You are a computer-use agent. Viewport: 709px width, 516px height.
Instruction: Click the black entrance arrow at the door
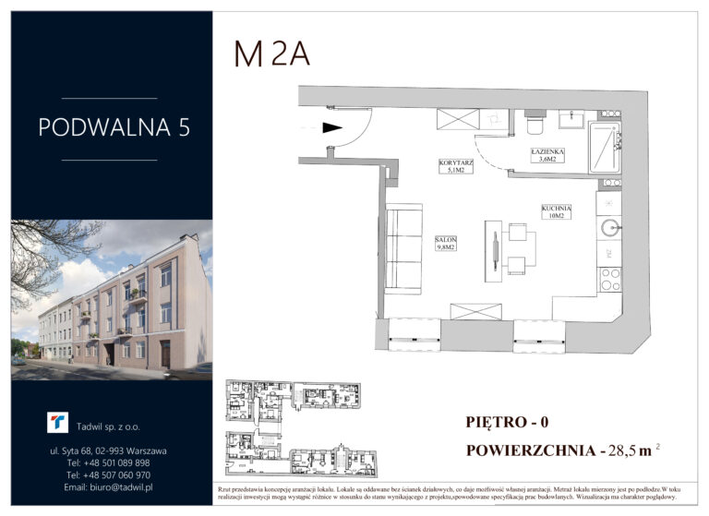332,129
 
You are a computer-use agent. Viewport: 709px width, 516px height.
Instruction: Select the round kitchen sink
608,227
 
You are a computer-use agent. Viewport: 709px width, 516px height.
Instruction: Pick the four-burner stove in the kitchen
609,279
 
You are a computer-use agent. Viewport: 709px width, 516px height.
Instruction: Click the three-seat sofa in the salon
403,248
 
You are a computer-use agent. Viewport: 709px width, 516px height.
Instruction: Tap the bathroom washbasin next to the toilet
570,118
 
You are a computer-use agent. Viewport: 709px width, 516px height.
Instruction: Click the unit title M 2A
271,54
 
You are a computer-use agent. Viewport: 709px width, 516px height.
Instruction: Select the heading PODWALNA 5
114,127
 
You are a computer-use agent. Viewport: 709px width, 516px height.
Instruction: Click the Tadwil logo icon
58,422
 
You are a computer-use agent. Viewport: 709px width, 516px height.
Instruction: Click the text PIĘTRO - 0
508,423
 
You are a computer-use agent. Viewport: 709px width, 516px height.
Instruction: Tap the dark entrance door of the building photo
165,353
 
